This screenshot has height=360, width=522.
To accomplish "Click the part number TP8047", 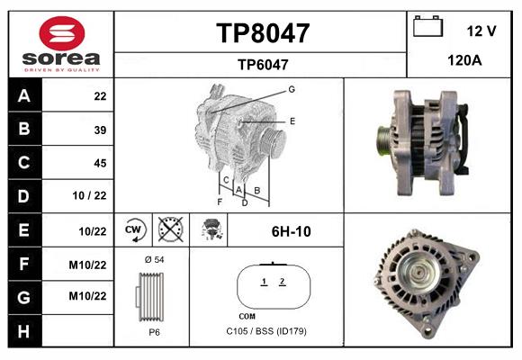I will click(x=262, y=33).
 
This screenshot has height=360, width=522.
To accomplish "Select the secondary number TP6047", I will click(x=262, y=64).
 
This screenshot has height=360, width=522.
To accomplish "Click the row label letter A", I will click(x=23, y=96).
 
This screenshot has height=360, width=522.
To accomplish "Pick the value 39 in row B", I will click(x=100, y=130).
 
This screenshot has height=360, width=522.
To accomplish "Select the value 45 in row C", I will click(x=100, y=164).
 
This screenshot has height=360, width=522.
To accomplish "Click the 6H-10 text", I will click(x=291, y=231).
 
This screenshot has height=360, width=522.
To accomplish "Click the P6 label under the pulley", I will click(x=154, y=331).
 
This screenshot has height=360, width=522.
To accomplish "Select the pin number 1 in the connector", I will click(x=264, y=283).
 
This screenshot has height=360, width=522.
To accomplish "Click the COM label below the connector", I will click(x=247, y=316).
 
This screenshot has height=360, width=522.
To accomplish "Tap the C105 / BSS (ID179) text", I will click(x=266, y=331).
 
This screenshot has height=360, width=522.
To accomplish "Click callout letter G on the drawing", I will click(x=292, y=89).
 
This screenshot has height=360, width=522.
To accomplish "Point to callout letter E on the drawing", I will click(x=292, y=120).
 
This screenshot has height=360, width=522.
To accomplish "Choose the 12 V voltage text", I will click(x=481, y=31).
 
